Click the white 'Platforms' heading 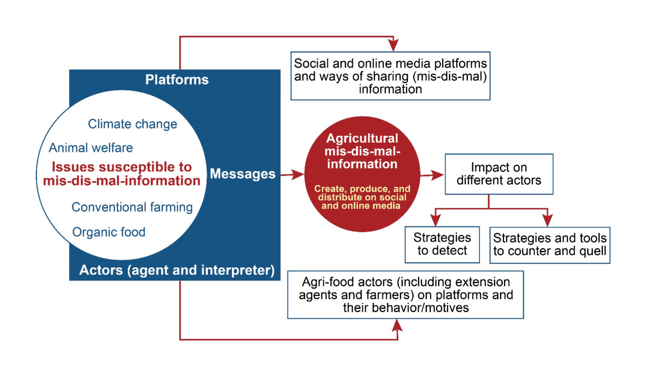(177, 80)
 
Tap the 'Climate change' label (132, 124)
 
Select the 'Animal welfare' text (91, 148)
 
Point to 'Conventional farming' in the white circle (132, 207)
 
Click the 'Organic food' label (109, 232)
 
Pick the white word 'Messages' (243, 174)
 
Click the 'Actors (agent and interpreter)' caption (177, 270)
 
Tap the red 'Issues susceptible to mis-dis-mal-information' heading (122, 174)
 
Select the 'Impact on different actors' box (499, 174)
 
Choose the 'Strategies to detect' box (442, 245)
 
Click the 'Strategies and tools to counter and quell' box (550, 245)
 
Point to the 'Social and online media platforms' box (391, 76)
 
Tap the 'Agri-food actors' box (406, 295)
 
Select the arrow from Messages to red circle (292, 175)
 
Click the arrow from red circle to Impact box (432, 175)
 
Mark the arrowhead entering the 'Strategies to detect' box (436, 220)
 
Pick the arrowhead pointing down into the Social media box (393, 45)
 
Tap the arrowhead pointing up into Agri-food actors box (398, 325)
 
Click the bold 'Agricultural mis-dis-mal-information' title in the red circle (362, 151)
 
